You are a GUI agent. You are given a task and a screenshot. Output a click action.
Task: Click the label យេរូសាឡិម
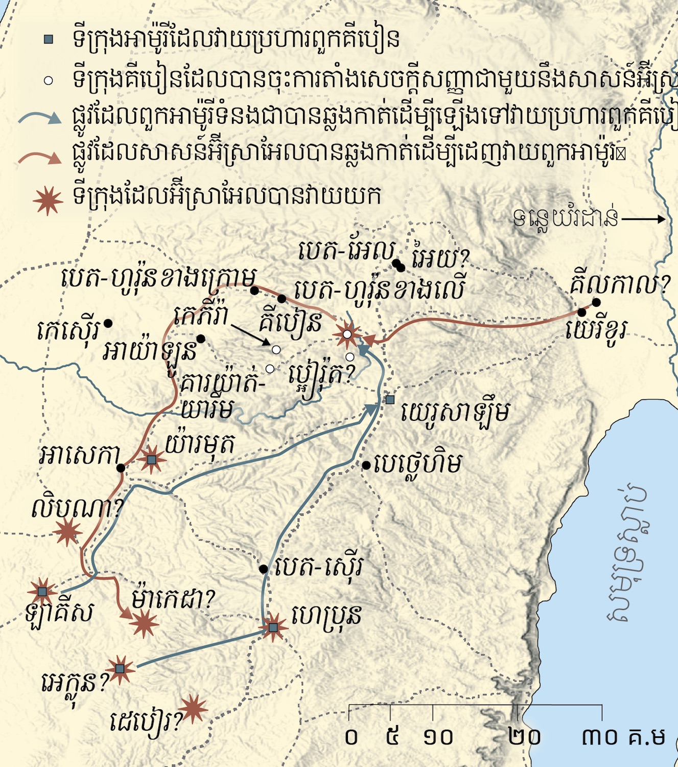(455, 412)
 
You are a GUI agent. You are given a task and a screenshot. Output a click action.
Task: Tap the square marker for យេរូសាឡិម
(390, 399)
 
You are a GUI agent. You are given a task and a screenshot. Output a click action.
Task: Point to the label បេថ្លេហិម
(417, 464)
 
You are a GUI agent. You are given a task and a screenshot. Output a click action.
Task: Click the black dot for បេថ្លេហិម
(366, 465)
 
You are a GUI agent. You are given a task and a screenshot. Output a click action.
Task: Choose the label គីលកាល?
(620, 284)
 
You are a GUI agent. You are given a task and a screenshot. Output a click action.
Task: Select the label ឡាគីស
(59, 613)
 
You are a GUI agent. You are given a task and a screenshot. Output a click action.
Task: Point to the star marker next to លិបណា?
(67, 532)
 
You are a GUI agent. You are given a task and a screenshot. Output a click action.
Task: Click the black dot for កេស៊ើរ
(108, 323)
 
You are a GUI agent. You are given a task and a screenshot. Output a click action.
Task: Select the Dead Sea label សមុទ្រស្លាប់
(626, 555)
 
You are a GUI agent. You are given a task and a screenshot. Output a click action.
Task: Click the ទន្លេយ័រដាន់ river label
(566, 219)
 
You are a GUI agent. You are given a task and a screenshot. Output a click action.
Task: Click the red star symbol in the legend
(48, 200)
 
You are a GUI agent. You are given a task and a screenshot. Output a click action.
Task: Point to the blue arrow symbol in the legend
(40, 118)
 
